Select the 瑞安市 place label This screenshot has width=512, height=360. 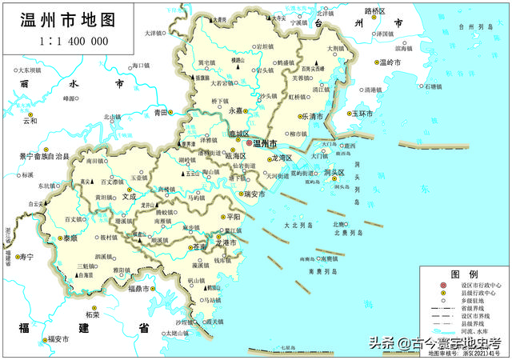258,194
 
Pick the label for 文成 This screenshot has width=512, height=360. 128,194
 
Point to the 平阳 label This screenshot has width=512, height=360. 234,216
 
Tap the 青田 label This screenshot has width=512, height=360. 161,113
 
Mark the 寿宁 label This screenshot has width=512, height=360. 26,257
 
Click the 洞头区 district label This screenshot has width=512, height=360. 334,173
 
